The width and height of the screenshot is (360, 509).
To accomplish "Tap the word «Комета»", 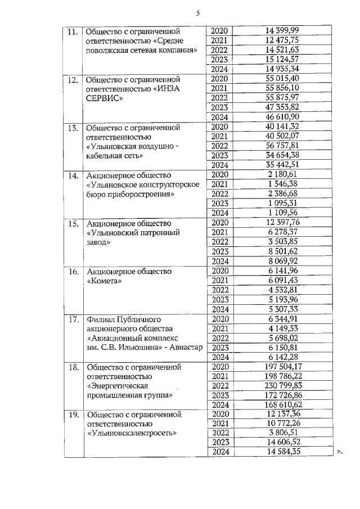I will point(104,281).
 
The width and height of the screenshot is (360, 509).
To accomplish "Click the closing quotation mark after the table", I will point(339,452).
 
